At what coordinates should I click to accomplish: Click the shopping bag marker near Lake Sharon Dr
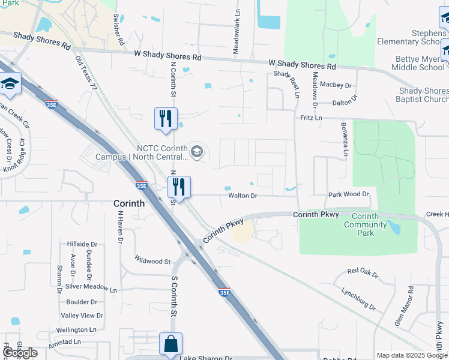pyautogui.click(x=170, y=345)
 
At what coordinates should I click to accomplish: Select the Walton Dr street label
pyautogui.click(x=243, y=196)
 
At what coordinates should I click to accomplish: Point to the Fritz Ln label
pyautogui.click(x=311, y=119)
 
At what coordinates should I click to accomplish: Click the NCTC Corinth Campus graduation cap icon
pyautogui.click(x=196, y=152)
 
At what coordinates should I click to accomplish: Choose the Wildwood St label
pyautogui.click(x=153, y=261)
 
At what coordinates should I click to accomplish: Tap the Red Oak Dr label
pyautogui.click(x=363, y=272)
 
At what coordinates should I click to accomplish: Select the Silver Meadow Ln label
pyautogui.click(x=91, y=289)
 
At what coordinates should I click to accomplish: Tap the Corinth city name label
pyautogui.click(x=129, y=203)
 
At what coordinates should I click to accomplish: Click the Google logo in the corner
pyautogui.click(x=20, y=353)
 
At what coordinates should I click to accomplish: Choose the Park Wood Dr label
pyautogui.click(x=348, y=195)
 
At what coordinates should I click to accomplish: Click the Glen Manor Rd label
pyautogui.click(x=402, y=307)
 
